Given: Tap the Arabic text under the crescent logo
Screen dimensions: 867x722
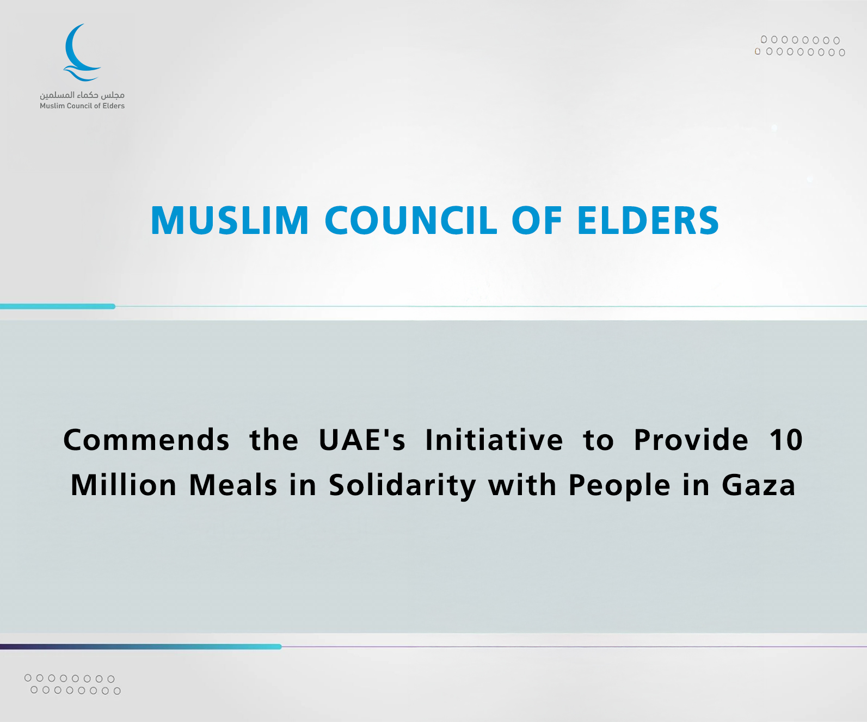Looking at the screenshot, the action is (82, 95).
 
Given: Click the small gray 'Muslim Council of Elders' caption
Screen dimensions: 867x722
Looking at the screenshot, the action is (82, 106).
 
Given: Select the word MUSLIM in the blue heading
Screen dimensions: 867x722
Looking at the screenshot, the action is (230, 220).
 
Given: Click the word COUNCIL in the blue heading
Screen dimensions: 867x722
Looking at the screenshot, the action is (411, 220).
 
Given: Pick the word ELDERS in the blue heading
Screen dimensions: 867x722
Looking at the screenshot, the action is (648, 220).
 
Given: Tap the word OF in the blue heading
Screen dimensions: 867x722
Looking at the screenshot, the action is (537, 220).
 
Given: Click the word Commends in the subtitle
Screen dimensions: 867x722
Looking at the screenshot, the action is (146, 440).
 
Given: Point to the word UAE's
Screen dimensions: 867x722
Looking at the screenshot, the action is (362, 440).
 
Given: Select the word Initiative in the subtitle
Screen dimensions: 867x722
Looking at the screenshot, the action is (494, 440).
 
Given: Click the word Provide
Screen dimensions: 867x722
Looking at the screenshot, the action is (691, 440).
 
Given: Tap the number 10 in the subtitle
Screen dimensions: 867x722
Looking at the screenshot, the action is (786, 440).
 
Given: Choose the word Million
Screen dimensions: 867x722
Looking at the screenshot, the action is (124, 485).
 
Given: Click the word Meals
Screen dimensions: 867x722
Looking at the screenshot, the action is (233, 485).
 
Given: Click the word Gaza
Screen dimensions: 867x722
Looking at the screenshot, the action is (759, 485).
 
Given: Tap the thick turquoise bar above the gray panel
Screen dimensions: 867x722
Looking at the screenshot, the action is (58, 306).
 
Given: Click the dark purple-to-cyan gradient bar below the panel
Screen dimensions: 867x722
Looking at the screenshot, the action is (141, 646).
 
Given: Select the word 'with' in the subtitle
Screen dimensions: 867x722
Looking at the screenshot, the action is (522, 485).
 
